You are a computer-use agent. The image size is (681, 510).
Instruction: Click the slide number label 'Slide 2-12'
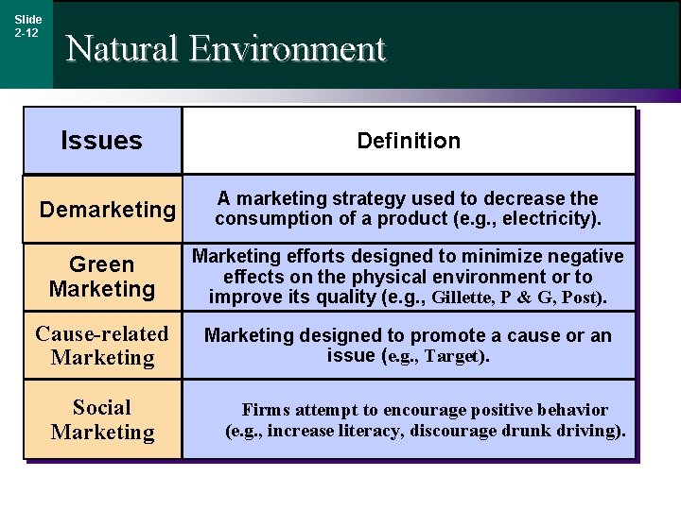point(27,25)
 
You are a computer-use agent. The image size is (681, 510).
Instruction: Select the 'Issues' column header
point(101,142)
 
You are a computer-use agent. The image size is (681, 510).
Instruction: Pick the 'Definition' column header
point(409,142)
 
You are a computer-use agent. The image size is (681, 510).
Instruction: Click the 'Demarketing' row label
point(108,210)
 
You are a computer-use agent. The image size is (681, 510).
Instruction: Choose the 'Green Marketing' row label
point(102,277)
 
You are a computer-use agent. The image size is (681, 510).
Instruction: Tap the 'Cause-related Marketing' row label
point(102,346)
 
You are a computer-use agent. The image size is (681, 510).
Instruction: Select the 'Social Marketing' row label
point(102,419)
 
